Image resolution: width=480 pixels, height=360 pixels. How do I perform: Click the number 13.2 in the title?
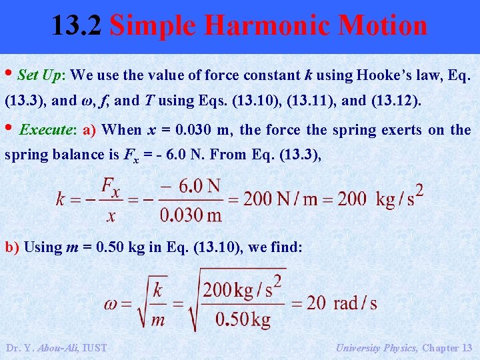pos(76,25)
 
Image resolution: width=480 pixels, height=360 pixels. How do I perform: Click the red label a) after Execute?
pos(90,129)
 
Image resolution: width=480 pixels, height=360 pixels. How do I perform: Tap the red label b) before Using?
pos(13,247)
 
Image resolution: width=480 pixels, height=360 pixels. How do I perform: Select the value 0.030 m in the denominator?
pos(190,215)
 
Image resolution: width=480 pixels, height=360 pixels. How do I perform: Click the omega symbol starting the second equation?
pos(112,304)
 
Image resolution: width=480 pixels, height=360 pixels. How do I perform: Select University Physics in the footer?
pos(377,347)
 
